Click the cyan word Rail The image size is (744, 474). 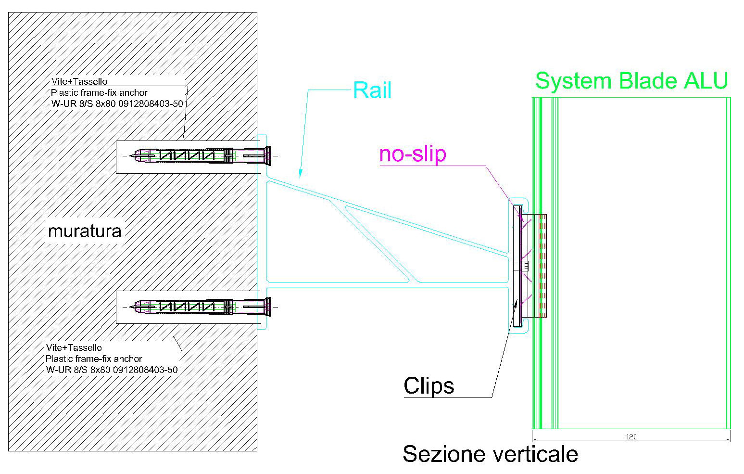[x=372, y=90]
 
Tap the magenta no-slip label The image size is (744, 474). [x=413, y=154]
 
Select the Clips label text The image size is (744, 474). [x=429, y=385]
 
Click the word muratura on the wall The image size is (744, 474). [x=85, y=231]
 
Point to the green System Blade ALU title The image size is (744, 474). [x=631, y=80]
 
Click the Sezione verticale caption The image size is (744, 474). [x=490, y=454]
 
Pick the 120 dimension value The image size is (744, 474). [x=631, y=437]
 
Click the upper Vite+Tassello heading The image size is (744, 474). [x=79, y=82]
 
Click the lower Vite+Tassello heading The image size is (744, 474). [x=74, y=347]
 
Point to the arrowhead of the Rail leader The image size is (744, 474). [x=299, y=175]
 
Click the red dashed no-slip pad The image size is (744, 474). [x=542, y=266]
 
